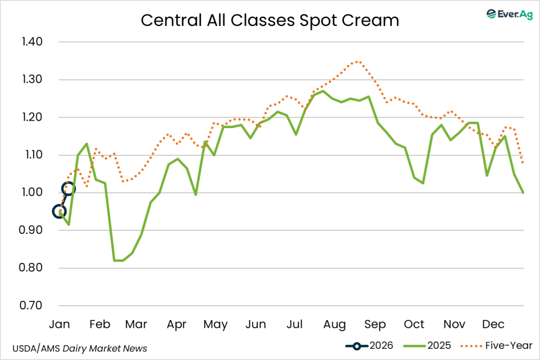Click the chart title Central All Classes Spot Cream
269,20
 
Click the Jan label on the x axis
60,324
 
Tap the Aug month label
334,324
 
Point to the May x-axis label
215,324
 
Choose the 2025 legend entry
427,346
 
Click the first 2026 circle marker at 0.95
60,212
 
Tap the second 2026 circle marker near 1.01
68,188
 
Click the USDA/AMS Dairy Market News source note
80,348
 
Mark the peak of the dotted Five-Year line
358,62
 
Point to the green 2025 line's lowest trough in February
118,260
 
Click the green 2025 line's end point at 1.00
523,193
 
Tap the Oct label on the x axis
414,324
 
